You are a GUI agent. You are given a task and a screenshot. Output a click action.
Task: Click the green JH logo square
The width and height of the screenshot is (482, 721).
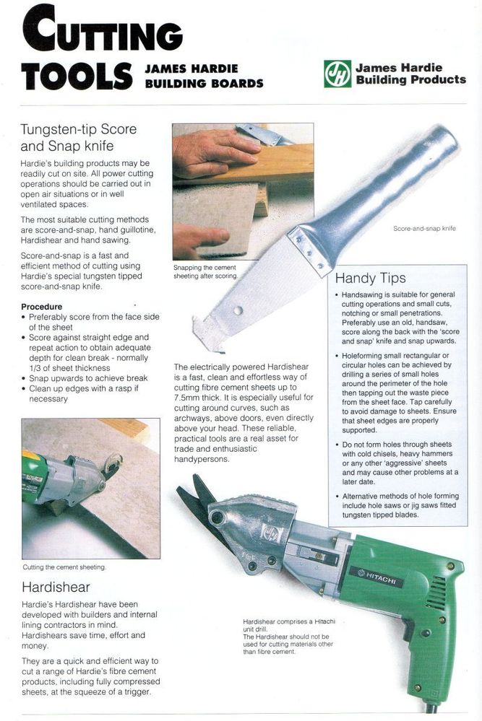(x=337, y=74)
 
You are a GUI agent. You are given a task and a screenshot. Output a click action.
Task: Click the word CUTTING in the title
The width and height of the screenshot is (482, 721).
(x=102, y=29)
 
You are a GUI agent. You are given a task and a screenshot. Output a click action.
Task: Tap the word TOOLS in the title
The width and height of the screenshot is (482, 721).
(x=77, y=77)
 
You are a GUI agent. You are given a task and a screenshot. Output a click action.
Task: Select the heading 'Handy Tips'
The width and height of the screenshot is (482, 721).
(x=370, y=278)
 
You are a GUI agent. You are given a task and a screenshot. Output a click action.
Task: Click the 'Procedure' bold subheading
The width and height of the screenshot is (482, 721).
(x=41, y=307)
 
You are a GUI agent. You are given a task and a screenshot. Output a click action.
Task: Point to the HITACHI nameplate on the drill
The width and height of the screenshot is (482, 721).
(x=376, y=576)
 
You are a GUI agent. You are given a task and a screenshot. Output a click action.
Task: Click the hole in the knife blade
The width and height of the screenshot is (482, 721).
(x=238, y=311)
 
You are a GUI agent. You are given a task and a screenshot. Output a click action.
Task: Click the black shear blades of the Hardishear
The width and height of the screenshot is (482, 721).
(x=195, y=499)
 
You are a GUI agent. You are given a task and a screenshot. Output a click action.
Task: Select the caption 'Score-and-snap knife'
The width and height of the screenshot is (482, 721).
(x=424, y=229)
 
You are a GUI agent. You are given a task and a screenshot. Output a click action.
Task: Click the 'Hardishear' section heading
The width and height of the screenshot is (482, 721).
(x=56, y=587)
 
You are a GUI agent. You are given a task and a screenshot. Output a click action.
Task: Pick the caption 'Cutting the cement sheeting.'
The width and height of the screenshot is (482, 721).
(x=64, y=567)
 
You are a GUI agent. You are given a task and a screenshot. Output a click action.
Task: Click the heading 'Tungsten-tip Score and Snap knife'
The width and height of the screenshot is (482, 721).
(x=78, y=137)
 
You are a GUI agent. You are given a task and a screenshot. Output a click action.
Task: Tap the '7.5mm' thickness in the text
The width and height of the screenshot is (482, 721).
(x=184, y=397)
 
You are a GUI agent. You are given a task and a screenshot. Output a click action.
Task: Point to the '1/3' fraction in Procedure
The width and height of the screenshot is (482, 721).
(x=35, y=368)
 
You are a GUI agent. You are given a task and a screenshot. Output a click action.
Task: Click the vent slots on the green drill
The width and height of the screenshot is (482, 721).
(x=436, y=593)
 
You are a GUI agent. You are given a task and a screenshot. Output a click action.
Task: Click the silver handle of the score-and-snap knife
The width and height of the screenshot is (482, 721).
(x=382, y=188)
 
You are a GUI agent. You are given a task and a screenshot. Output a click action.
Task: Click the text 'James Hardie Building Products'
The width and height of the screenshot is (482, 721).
(x=410, y=74)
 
